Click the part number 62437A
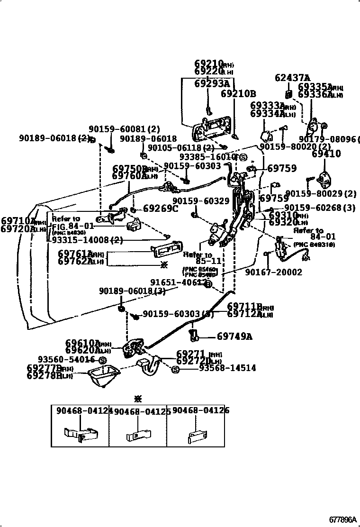pos(292,78)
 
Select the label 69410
pos(326,154)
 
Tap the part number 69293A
pos(211,83)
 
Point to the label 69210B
pos(238,93)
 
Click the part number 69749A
pos(234,337)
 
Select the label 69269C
pos(160,208)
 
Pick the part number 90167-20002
pos(273,272)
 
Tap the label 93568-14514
pos(227,368)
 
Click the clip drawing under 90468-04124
pos(81,433)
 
